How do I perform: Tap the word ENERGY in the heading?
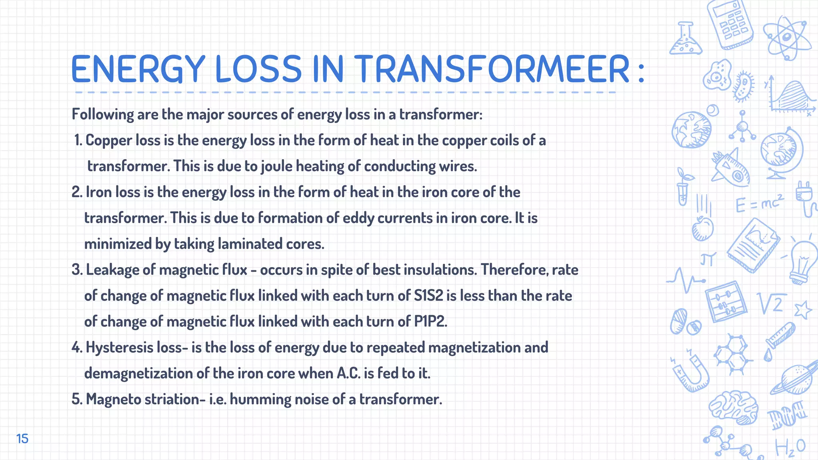[138, 69]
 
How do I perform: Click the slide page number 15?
[22, 439]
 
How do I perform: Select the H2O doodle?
[790, 448]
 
